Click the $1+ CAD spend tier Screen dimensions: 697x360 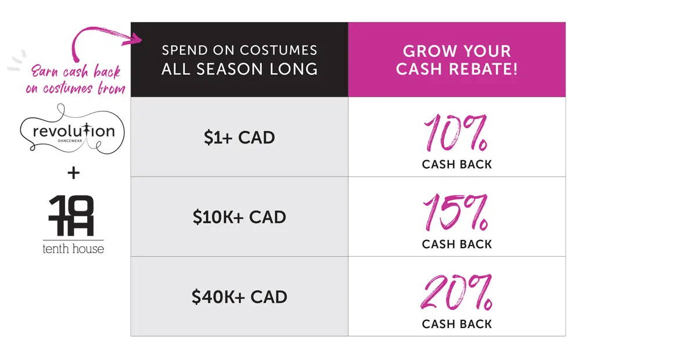(x=239, y=137)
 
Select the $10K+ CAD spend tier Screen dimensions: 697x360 (x=239, y=217)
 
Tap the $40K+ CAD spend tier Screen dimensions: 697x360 (x=239, y=297)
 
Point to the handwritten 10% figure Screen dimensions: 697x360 (x=456, y=132)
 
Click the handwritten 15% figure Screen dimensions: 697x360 (x=456, y=212)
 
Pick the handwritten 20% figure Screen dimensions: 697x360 (x=457, y=292)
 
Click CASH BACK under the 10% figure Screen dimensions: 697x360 (x=457, y=164)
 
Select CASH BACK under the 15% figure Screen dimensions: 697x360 (x=457, y=244)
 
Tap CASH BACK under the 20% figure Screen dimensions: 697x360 (x=457, y=324)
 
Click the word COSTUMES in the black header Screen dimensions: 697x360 (x=278, y=50)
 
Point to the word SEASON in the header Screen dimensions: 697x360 (x=229, y=69)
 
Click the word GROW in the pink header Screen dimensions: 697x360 (x=428, y=51)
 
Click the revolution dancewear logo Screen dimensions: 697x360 (x=72, y=129)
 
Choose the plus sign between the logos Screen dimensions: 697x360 (x=73, y=172)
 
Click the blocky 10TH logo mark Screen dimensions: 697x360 (x=71, y=215)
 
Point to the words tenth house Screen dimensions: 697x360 (x=73, y=249)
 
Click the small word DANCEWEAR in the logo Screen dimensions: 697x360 (x=70, y=141)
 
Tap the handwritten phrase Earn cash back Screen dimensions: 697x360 (x=76, y=71)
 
